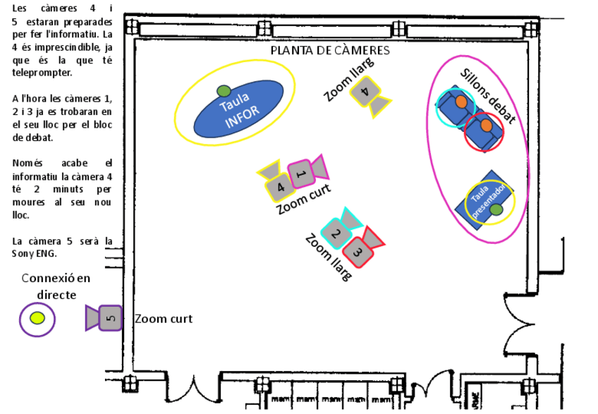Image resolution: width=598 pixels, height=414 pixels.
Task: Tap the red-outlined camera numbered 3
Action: [x=358, y=250]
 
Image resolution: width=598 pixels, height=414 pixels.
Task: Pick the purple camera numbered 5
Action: [x=109, y=318]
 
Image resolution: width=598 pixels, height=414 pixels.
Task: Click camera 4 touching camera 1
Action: [x=279, y=187]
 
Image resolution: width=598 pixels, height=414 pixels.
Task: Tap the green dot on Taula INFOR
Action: [x=224, y=90]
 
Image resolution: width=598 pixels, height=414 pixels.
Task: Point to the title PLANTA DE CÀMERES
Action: [x=330, y=51]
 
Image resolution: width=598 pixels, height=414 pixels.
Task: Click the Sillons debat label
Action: [x=487, y=95]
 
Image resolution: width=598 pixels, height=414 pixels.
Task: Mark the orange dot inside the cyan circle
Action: [x=460, y=102]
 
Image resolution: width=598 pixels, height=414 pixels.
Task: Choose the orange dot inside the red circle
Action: [x=486, y=126]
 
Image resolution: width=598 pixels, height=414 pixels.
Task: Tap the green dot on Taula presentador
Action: [x=496, y=209]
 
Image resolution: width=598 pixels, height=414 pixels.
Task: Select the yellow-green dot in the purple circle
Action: [x=37, y=318]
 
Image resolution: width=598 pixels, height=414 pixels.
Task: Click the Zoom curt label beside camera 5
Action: [x=163, y=319]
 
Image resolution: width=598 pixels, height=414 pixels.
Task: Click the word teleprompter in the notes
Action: [x=42, y=73]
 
